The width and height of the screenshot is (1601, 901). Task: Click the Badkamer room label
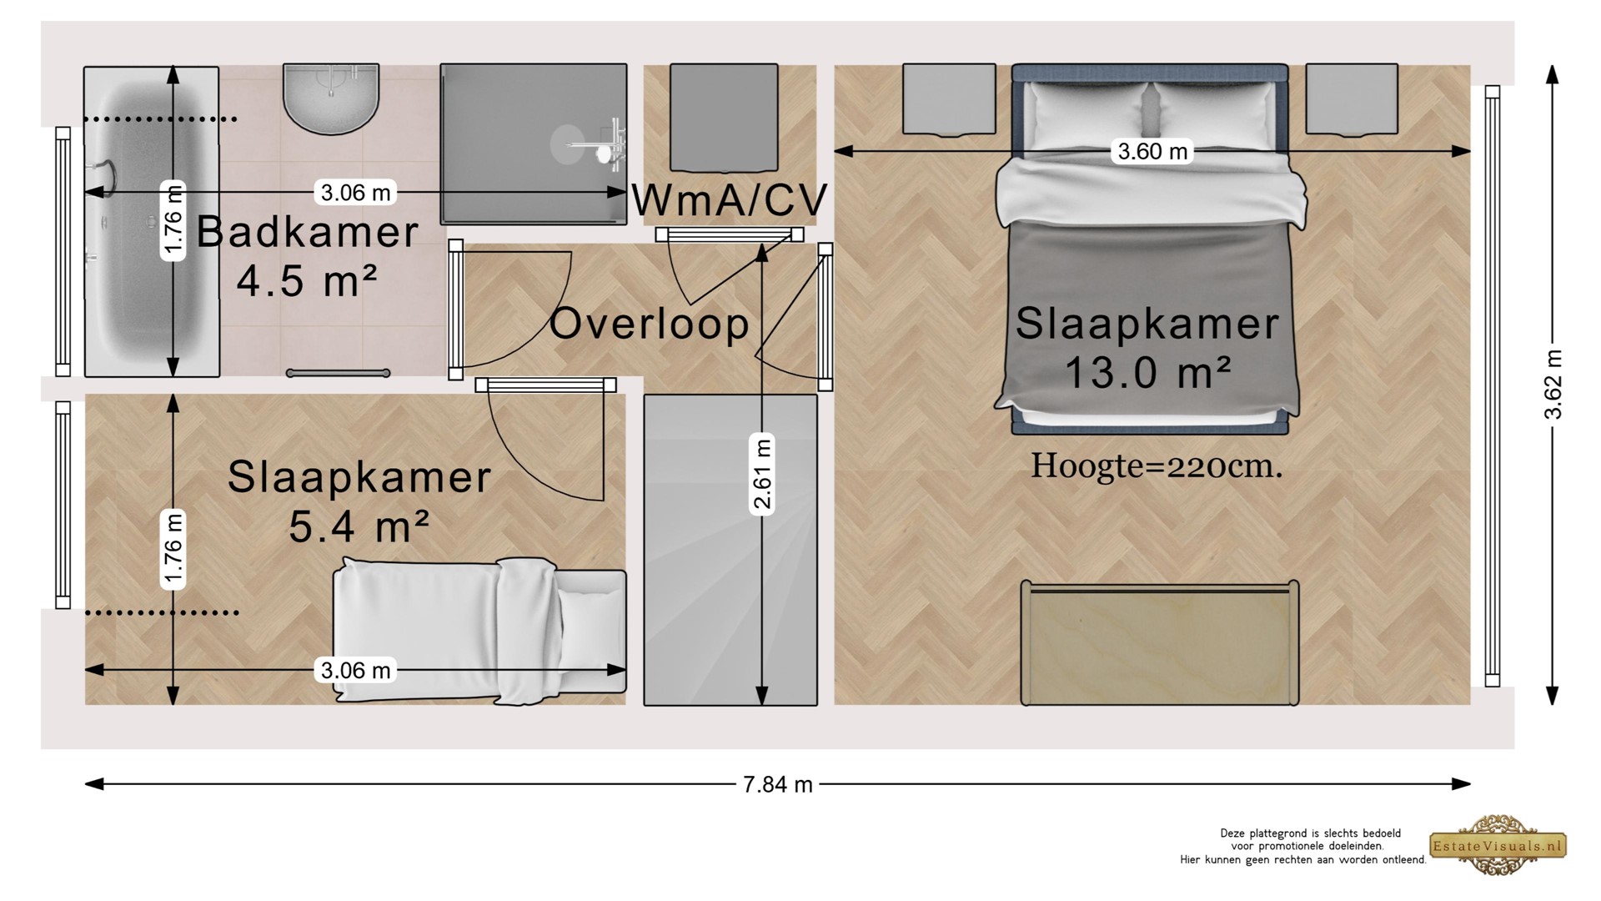pos(307,232)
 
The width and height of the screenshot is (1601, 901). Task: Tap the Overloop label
pos(650,324)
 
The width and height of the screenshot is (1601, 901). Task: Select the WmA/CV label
pos(730,200)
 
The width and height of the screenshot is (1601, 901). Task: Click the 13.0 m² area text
pos(1147,372)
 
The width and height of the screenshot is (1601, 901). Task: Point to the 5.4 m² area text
pos(359,526)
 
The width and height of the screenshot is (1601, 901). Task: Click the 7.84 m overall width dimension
pos(777,784)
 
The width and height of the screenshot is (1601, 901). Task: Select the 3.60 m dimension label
pos(1152,151)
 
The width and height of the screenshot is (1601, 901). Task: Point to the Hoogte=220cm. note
pos(1157,466)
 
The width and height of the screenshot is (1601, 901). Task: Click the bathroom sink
pos(331,98)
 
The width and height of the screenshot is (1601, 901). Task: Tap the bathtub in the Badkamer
pos(151,222)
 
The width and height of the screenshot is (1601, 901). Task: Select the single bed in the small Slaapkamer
pos(479,632)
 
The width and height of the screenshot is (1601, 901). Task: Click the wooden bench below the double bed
pos(1160,643)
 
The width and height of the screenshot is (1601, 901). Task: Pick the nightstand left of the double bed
pos(949,99)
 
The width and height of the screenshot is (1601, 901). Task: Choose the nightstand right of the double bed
pos(1352,98)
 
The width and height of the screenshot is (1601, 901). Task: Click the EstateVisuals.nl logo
pos(1498,846)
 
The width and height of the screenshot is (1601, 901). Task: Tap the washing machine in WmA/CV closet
pos(724,118)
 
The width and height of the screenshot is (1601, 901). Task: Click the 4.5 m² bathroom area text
pos(308,281)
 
